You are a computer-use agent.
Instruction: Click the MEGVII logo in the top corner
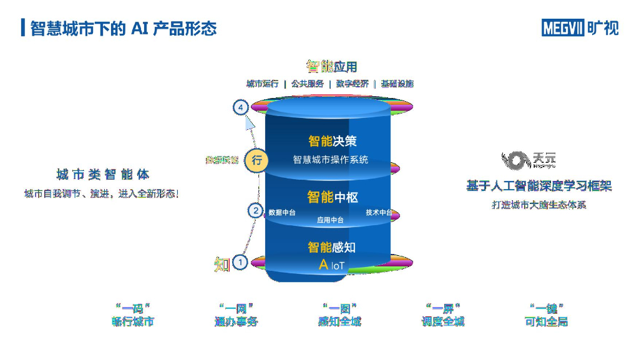click(x=580, y=27)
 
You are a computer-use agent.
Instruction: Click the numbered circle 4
click(x=241, y=107)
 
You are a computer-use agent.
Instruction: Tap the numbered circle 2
click(x=255, y=211)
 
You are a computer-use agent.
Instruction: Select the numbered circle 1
click(x=240, y=263)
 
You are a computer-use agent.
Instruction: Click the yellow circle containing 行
click(x=256, y=160)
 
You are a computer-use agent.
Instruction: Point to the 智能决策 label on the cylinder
click(x=332, y=141)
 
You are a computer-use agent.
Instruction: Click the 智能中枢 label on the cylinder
click(x=332, y=197)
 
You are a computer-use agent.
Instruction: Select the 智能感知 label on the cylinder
click(x=331, y=247)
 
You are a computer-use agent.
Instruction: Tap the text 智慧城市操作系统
click(x=331, y=160)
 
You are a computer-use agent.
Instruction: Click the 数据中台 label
click(x=282, y=213)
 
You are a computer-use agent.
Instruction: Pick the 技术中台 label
click(x=379, y=213)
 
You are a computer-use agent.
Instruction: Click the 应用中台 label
click(x=330, y=220)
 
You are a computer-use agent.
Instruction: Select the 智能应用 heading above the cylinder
click(x=331, y=66)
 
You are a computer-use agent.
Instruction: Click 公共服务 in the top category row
click(x=307, y=84)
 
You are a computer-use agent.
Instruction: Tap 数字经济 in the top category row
click(x=352, y=84)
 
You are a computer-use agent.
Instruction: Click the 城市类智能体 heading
click(x=102, y=175)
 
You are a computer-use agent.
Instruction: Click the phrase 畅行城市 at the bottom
click(x=132, y=322)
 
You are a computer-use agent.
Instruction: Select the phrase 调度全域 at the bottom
click(x=443, y=322)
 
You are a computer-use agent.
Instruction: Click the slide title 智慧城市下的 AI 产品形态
click(x=123, y=28)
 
